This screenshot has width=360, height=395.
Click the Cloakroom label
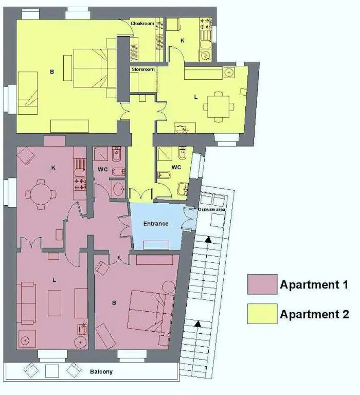pos(142,24)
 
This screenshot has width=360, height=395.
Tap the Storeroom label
pos(143,69)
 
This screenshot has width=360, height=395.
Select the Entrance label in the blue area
pos(156,224)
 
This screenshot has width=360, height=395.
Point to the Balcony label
pos(101,372)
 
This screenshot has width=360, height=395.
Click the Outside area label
pos(211,210)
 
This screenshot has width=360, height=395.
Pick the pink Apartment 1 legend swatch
pos(262,284)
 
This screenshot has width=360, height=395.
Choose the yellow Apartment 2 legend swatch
pos(262,314)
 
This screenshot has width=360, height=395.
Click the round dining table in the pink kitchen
pos(41,194)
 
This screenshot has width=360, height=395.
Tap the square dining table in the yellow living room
pos(218,106)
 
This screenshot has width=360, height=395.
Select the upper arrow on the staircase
pos(208,240)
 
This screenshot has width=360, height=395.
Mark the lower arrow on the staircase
pos(198,324)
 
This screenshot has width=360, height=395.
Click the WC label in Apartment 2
pos(176,167)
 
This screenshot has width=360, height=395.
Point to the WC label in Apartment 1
pos(102,169)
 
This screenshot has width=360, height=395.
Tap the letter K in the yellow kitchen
pos(183,40)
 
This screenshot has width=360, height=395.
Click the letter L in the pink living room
pos(54,280)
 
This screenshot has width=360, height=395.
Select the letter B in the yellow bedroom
pos(52,72)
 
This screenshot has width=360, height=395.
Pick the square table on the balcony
pos(52,371)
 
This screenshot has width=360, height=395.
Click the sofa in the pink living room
pos(26,303)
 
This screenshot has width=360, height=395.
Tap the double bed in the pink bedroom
pos(151,312)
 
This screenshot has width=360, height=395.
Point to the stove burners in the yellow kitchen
pos(205,24)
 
